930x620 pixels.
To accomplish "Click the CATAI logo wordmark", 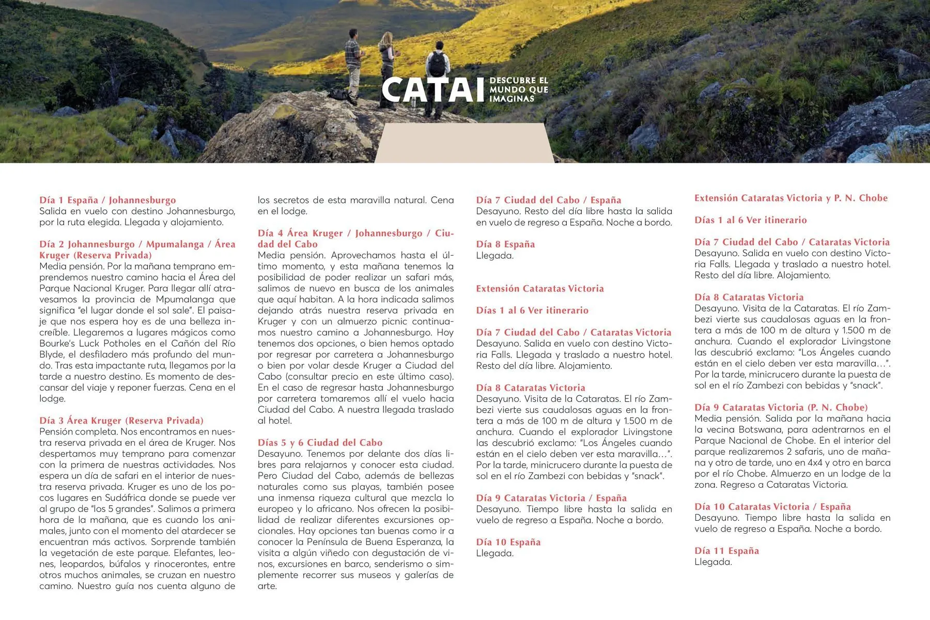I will (433, 90).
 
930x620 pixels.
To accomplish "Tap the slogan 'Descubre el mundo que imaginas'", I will (518, 89).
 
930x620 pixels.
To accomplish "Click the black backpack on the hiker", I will (437, 64).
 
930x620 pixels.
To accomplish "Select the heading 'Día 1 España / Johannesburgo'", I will (107, 200).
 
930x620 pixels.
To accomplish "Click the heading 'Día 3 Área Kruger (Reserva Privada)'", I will (121, 421).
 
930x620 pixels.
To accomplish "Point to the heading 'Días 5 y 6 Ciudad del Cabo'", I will (320, 443).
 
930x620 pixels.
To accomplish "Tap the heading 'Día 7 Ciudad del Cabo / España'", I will (548, 200).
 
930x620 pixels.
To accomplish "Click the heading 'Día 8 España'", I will (505, 244).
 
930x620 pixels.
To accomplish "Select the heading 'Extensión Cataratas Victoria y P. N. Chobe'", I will (791, 198).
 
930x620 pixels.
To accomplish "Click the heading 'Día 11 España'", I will (726, 551).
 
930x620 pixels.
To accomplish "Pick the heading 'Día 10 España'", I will (508, 542).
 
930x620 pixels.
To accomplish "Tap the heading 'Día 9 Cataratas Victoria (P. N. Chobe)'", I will (781, 407).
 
